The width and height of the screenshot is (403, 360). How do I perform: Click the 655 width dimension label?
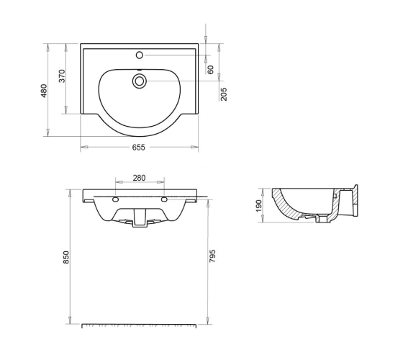pyautogui.click(x=138, y=148)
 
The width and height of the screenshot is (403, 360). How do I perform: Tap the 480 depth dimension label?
pyautogui.click(x=44, y=91)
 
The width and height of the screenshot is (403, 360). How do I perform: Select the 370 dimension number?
pyautogui.click(x=62, y=76)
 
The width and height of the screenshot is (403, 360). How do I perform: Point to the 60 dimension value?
pyautogui.click(x=210, y=70)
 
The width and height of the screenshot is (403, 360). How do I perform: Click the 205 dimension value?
pyautogui.click(x=224, y=94)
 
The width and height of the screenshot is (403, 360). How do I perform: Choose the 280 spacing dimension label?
pyautogui.click(x=139, y=178)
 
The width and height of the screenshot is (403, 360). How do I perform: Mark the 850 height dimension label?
pyautogui.click(x=66, y=257)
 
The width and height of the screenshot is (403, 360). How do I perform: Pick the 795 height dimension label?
pyautogui.click(x=212, y=256)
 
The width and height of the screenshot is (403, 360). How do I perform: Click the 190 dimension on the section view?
pyautogui.click(x=259, y=206)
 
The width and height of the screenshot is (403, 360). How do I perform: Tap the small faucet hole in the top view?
pyautogui.click(x=140, y=55)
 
